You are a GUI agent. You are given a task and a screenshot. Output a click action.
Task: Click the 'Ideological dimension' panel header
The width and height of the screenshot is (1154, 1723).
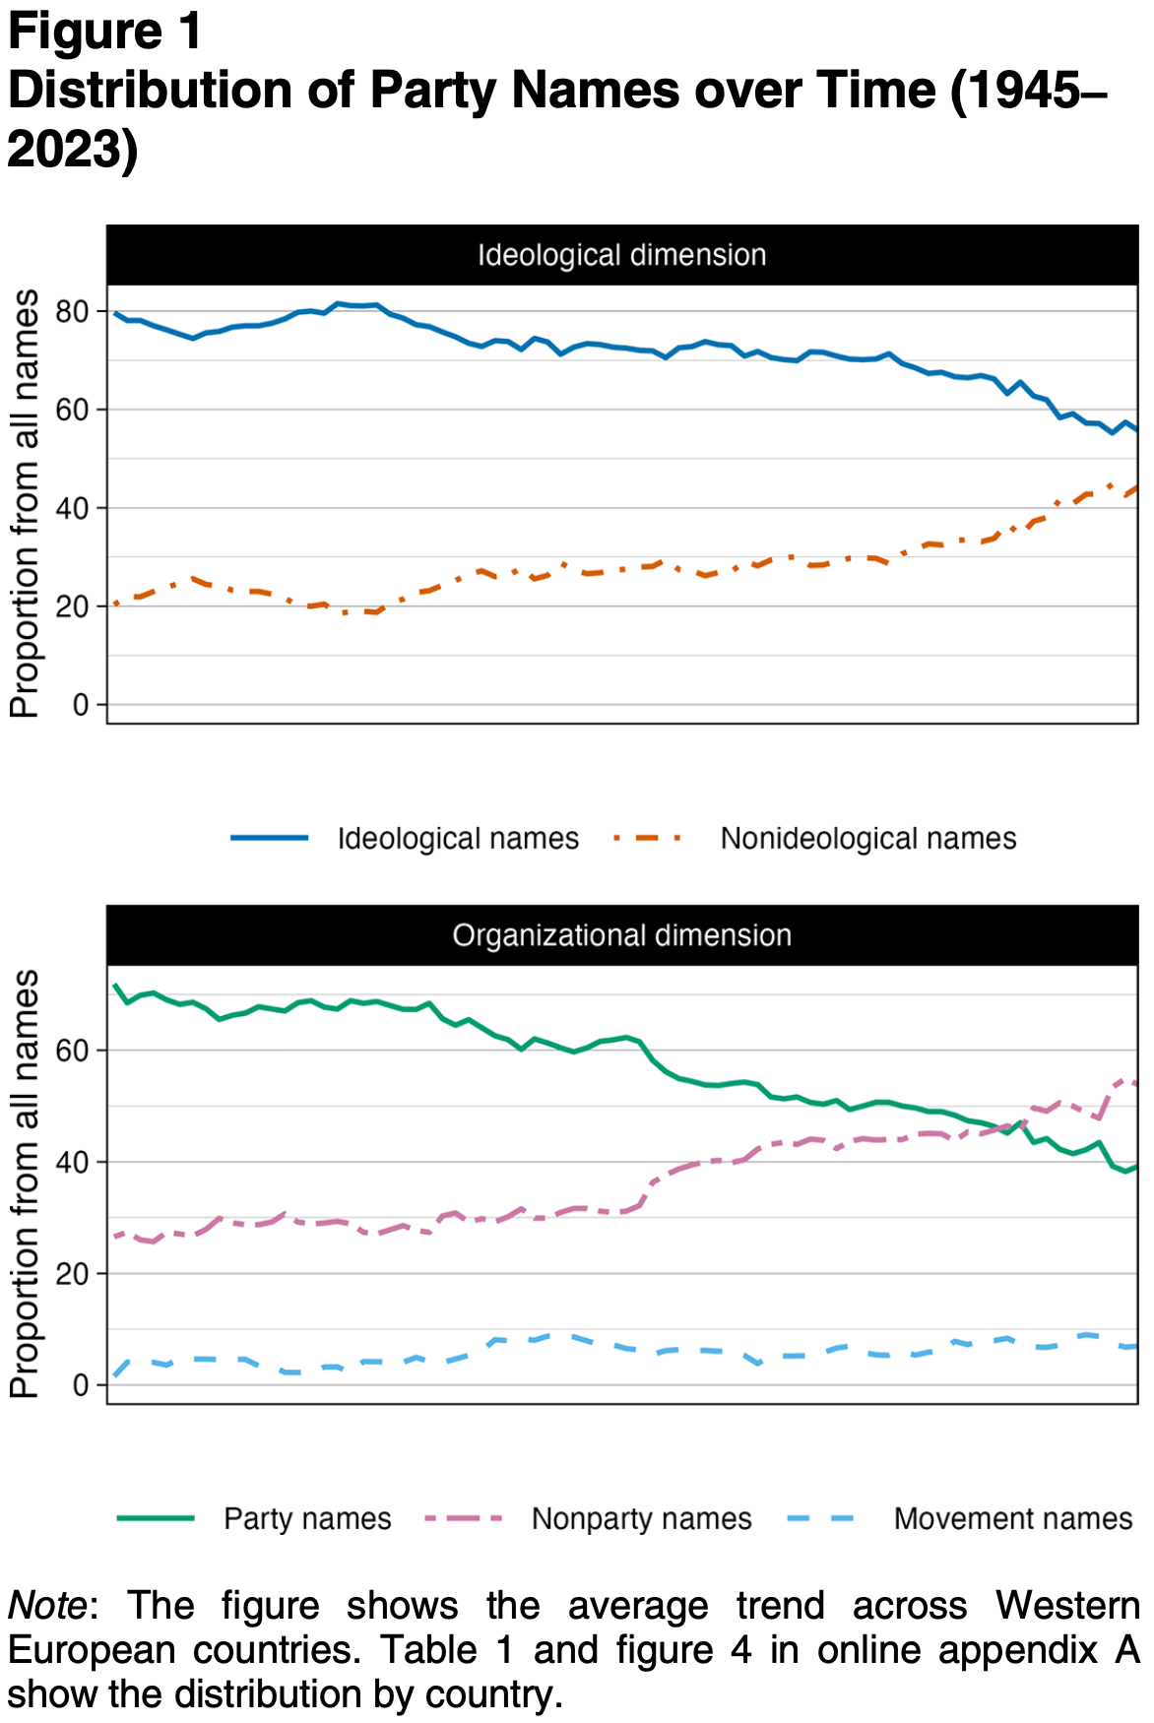click(621, 255)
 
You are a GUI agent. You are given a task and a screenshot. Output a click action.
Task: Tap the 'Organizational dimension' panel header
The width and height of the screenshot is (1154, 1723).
click(621, 935)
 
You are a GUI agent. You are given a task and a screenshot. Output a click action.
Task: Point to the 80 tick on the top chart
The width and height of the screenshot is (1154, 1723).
click(73, 312)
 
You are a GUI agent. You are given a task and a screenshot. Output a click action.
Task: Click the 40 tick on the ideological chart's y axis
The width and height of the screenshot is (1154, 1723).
click(73, 509)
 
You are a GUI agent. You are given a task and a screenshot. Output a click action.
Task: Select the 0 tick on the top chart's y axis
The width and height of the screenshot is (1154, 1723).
click(81, 705)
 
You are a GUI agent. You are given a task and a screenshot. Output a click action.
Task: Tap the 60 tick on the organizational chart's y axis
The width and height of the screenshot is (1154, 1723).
click(73, 1051)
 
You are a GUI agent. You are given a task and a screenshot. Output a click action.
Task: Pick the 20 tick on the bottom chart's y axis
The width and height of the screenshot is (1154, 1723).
click(73, 1274)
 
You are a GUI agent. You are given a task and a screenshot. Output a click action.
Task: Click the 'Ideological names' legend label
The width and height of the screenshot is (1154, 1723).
click(458, 839)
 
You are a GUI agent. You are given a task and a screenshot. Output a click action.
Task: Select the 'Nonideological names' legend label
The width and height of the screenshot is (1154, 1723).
click(867, 839)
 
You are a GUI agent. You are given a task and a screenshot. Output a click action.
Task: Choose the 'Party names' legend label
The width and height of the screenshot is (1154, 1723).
click(307, 1519)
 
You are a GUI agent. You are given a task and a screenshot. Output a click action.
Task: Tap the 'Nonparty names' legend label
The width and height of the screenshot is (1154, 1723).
click(641, 1519)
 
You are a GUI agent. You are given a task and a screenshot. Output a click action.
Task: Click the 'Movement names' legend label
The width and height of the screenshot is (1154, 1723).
click(1012, 1519)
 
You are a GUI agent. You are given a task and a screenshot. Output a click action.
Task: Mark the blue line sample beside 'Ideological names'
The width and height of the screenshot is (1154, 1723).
click(270, 838)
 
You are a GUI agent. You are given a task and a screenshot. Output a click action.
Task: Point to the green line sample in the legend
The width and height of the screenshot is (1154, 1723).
click(156, 1518)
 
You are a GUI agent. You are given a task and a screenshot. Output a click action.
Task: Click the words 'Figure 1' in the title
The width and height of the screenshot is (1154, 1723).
click(104, 32)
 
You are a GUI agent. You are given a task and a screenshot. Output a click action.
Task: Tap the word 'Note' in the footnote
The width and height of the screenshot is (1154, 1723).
click(47, 1606)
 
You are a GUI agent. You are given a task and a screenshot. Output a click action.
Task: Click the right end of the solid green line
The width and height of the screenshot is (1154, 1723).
click(1136, 1167)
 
